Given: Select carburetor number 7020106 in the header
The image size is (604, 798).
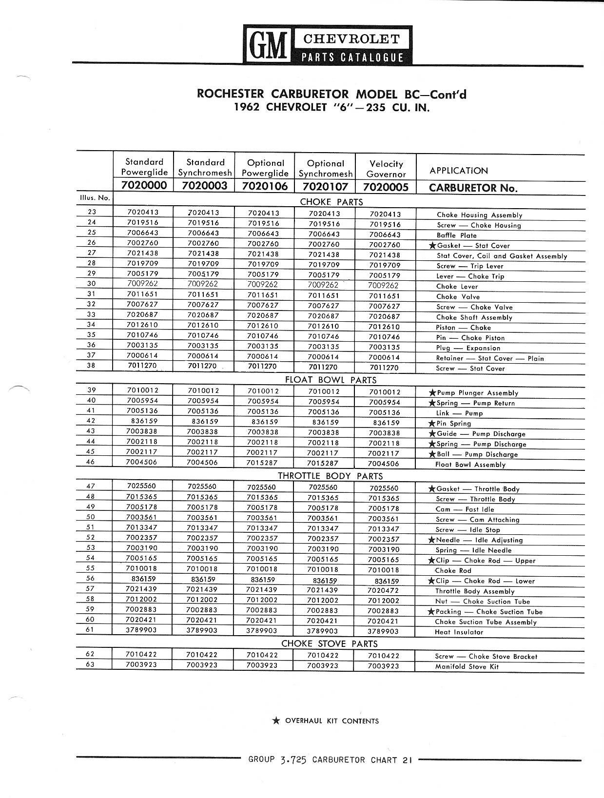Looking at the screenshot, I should (x=265, y=186).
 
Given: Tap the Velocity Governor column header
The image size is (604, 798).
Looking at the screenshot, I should (x=386, y=169).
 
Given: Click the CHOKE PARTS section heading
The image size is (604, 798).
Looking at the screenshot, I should (x=331, y=202).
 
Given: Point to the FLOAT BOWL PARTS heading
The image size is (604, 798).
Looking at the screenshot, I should (x=331, y=380).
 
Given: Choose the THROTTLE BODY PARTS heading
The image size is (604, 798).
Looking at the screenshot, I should (x=330, y=476).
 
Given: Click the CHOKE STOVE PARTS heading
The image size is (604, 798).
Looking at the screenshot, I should (x=329, y=643).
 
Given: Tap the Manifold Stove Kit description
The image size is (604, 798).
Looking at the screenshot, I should (x=467, y=666).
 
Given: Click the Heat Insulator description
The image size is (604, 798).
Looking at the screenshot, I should (x=459, y=632).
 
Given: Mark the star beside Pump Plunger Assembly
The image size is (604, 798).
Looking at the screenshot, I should (x=431, y=392).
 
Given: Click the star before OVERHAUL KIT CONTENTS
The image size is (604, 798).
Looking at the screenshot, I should (x=276, y=720).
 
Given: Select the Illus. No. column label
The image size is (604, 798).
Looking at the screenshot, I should (x=95, y=197).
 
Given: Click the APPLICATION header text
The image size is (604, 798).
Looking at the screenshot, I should (x=458, y=171).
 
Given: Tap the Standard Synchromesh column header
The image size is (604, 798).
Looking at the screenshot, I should (x=205, y=167).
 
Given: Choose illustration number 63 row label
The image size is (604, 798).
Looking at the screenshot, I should (x=91, y=664).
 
